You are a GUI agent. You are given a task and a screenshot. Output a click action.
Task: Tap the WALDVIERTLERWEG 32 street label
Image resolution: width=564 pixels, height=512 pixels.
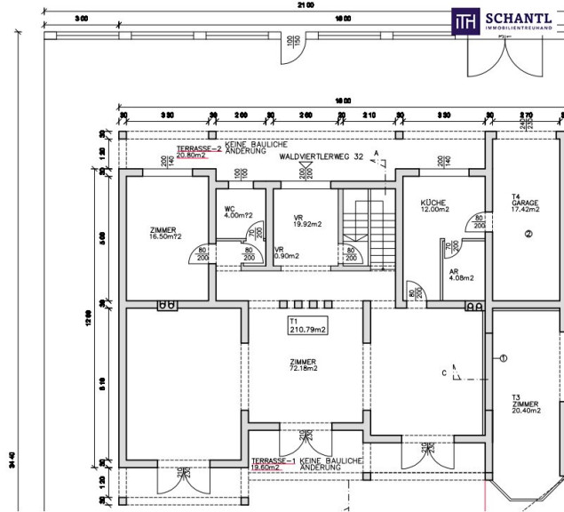[320, 156]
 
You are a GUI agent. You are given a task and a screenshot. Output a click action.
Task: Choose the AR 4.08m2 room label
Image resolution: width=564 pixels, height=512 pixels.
[460, 274]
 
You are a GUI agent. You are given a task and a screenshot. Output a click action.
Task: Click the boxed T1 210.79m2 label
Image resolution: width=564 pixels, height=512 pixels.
[302, 325]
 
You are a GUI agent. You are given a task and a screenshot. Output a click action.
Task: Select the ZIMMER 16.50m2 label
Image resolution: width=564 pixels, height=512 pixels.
[165, 233]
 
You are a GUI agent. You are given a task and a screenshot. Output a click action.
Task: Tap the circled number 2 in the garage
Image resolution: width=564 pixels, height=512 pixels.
[528, 235]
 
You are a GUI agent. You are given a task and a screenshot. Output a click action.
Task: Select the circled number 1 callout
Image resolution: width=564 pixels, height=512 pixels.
[502, 359]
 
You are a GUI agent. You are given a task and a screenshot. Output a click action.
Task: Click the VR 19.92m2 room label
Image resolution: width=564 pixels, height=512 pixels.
[304, 220]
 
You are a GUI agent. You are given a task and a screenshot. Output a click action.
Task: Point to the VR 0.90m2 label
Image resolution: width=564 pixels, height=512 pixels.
[287, 253]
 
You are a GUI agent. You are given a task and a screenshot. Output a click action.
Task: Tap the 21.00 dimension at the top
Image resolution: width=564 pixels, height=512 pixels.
[306, 5]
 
